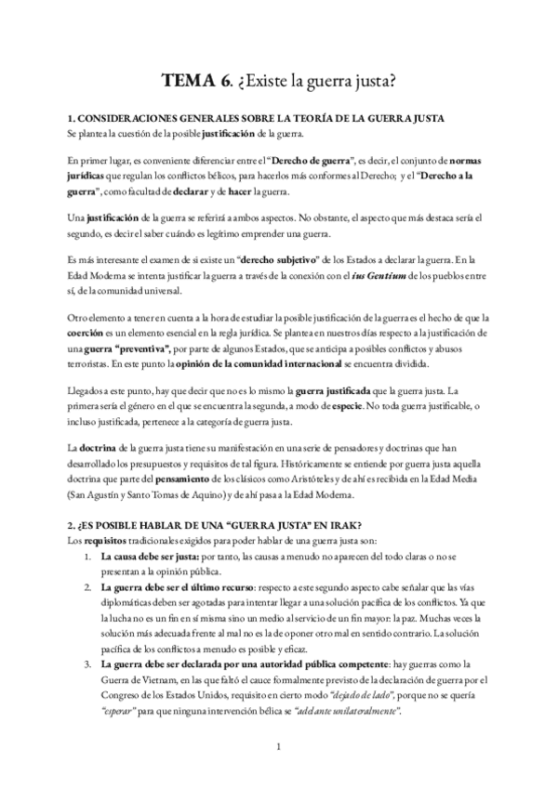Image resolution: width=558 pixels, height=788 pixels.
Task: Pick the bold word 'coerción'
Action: (88, 333)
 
